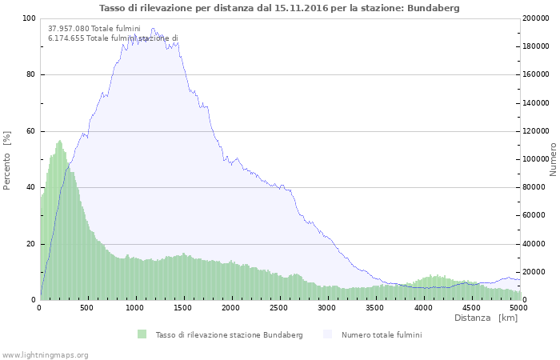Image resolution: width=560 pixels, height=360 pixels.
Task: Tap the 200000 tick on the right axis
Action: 537,18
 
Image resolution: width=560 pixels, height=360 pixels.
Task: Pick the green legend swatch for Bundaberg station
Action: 142,334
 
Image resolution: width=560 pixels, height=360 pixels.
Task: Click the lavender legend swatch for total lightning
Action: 327,334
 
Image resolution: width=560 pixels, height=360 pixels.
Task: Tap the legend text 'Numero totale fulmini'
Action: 382,334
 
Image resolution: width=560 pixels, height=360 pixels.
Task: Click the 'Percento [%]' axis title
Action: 7,160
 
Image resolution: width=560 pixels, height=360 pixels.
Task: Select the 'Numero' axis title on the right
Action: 552,159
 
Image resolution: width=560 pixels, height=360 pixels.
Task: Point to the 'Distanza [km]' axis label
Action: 486,318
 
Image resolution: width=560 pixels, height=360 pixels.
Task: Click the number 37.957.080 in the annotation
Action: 69,29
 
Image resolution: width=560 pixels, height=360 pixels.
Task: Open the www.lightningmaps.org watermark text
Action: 46,354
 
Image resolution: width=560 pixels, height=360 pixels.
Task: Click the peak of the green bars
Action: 59,142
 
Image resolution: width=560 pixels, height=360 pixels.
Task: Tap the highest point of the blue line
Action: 153,30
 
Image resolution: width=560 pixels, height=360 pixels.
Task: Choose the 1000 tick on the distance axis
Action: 135,308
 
